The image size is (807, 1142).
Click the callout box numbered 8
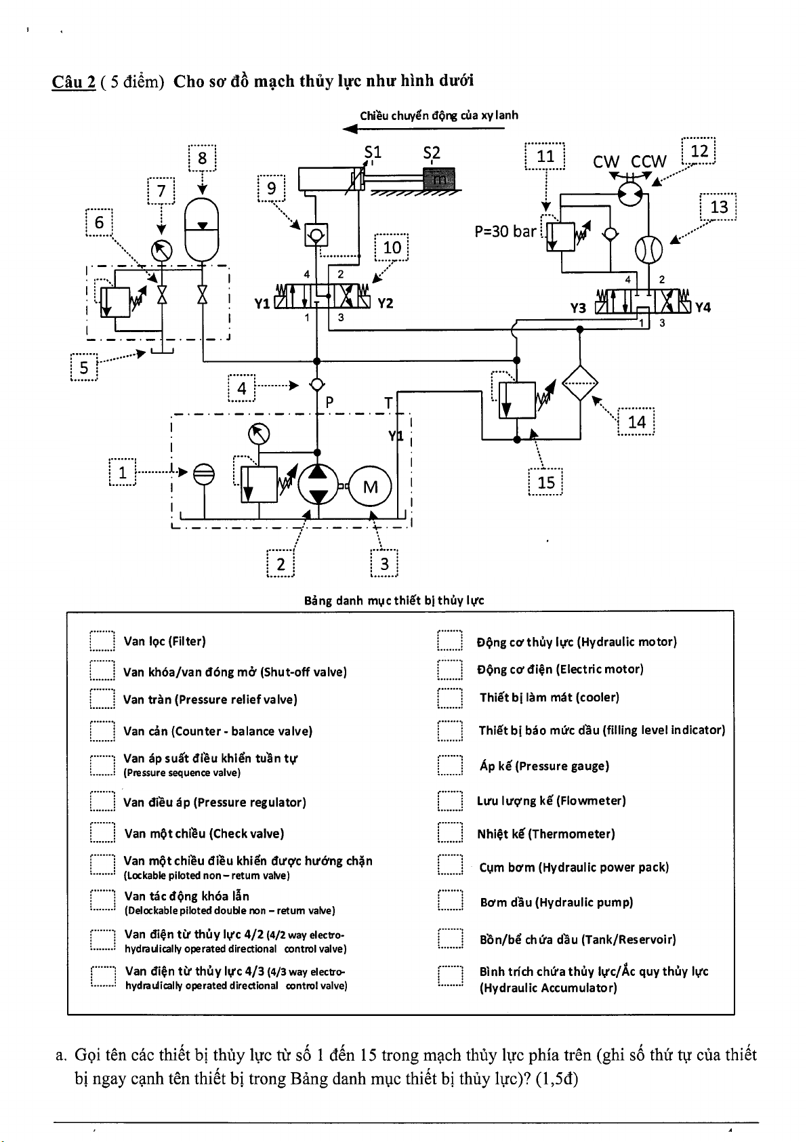pyautogui.click(x=202, y=159)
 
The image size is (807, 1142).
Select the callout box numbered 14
pyautogui.click(x=636, y=422)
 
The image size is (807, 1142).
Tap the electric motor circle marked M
pyautogui.click(x=370, y=487)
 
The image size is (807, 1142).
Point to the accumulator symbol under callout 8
pyautogui.click(x=202, y=229)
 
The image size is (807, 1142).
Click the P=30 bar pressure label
pyautogui.click(x=505, y=232)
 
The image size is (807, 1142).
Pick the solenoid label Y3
pyautogui.click(x=578, y=308)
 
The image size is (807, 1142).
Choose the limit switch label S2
pyautogui.click(x=432, y=153)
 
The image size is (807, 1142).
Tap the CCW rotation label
pyautogui.click(x=648, y=161)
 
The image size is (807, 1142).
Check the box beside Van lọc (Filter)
pyautogui.click(x=102, y=641)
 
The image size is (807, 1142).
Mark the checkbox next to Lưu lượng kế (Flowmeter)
pyautogui.click(x=450, y=800)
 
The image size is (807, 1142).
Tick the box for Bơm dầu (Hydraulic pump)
pyautogui.click(x=450, y=901)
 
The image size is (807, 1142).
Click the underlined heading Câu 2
pyautogui.click(x=73, y=82)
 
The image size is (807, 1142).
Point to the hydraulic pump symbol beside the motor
pyautogui.click(x=317, y=484)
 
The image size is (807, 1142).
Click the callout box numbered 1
pyautogui.click(x=123, y=473)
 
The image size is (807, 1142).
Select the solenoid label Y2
pyautogui.click(x=386, y=303)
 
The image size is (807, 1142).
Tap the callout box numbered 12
pyautogui.click(x=699, y=151)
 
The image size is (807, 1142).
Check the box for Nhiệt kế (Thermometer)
pyautogui.click(x=450, y=833)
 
